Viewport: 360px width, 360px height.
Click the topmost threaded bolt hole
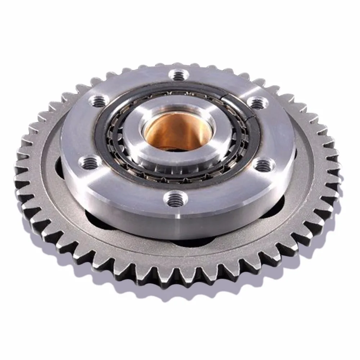pos(179,76)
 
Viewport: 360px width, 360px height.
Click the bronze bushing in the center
pos(169,130)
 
